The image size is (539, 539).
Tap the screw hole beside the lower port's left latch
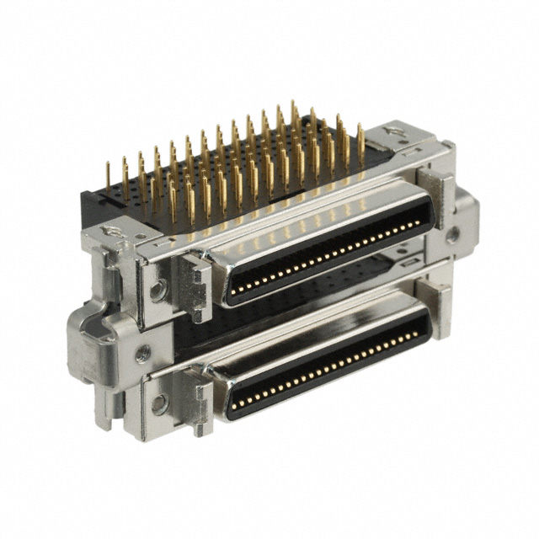[155, 403]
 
